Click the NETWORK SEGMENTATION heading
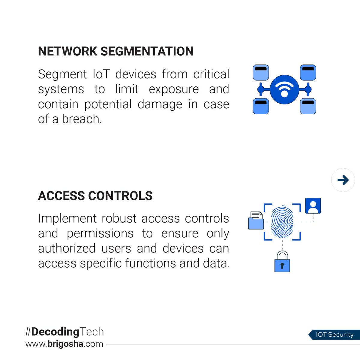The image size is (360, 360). point(116,51)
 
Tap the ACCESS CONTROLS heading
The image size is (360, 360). point(95,196)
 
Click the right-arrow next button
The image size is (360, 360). point(343,180)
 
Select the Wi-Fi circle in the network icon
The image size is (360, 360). point(284,89)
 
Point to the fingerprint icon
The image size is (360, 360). point(282,222)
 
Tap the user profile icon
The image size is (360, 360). point(313,206)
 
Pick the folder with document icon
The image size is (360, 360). point(256,220)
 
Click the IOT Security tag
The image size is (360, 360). point(334,335)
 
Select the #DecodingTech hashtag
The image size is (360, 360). point(64,332)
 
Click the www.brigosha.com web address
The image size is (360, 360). point(64,344)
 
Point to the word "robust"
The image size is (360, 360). point(119,218)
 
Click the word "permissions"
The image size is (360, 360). point(100,233)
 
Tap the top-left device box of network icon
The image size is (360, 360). point(261,72)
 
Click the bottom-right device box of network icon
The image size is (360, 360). point(308,106)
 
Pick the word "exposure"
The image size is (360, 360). point(174,89)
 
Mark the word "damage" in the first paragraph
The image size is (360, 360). point(160,104)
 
